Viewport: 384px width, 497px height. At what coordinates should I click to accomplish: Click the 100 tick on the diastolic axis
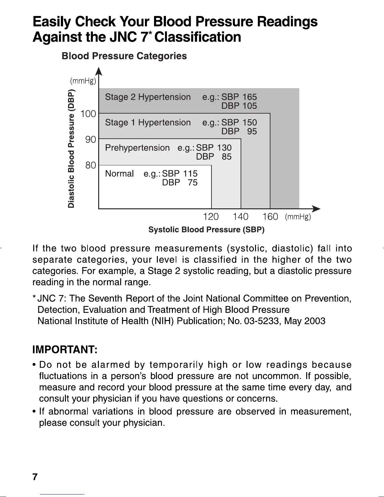(88, 114)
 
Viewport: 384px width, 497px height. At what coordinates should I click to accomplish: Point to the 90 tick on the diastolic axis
(91, 139)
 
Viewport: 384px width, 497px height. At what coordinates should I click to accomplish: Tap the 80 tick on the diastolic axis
(91, 165)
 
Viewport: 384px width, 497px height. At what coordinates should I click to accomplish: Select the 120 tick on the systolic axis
(211, 216)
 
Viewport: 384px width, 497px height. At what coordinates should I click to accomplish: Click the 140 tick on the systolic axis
(240, 216)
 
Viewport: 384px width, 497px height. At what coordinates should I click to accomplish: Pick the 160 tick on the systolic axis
(270, 216)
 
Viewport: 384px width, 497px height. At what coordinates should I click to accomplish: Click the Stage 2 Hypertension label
(148, 97)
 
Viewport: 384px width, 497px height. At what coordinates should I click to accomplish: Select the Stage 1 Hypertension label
(148, 122)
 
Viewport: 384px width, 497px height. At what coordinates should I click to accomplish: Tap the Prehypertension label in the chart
(137, 148)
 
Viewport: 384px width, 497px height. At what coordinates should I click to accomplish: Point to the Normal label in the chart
(119, 174)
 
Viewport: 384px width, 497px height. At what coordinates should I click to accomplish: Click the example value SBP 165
(239, 97)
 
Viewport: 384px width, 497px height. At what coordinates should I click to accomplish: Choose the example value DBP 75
(180, 182)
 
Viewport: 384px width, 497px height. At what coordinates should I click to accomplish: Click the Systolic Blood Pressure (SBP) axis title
(206, 230)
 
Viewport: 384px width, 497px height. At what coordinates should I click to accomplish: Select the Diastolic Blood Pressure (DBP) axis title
(72, 149)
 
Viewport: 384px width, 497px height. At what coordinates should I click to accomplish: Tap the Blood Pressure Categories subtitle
(124, 56)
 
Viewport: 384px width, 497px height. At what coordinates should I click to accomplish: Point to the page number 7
(35, 477)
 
